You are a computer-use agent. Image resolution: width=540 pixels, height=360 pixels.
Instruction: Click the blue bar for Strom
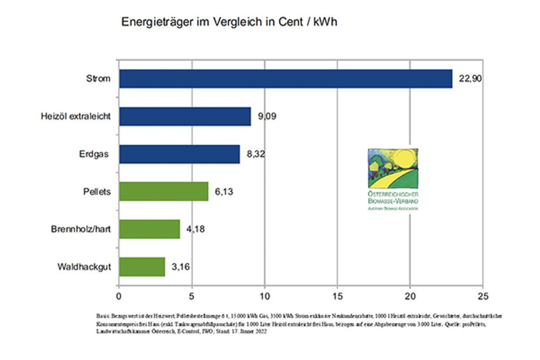tap(285, 79)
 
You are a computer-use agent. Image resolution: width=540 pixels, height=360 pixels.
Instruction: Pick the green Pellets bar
tap(163, 192)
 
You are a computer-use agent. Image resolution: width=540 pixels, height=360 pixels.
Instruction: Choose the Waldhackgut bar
tap(142, 267)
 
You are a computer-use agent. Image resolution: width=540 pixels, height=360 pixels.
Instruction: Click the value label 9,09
tap(267, 117)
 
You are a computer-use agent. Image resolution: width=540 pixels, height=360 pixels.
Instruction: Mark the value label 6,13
tap(224, 192)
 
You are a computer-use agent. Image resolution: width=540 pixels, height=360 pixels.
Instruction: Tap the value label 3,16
tap(181, 267)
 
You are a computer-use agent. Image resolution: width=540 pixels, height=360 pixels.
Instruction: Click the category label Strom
tap(98, 79)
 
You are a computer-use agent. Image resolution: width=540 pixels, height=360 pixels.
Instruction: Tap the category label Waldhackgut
tap(84, 267)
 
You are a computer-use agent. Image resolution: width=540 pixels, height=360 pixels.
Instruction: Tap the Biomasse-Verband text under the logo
tap(393, 202)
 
